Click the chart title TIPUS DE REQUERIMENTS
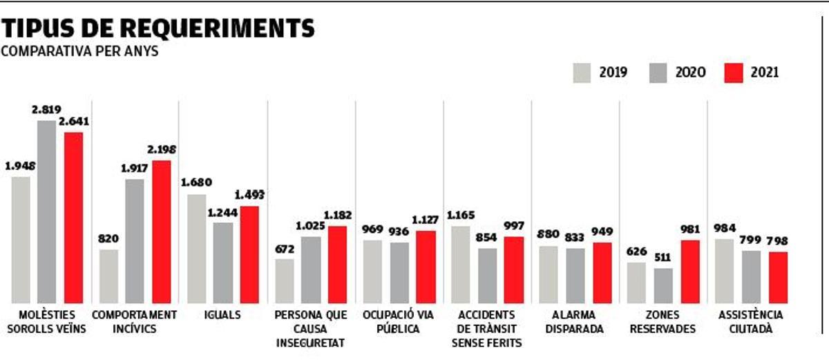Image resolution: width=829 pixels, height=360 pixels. pos(158,28)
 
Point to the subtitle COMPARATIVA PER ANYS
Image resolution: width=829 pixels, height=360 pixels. pos(79,52)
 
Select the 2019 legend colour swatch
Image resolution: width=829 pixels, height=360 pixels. pos(582,73)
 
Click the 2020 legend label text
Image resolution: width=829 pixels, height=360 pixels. pos(690,73)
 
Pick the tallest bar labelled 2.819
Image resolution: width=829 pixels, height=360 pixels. pos(47,211)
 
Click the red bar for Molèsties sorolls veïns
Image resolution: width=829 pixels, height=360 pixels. pos(73,217)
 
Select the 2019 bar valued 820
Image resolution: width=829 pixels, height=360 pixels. pos(108,276)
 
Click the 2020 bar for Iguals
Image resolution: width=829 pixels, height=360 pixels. pos(222,262)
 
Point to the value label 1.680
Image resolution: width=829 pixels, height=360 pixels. pos(196,183)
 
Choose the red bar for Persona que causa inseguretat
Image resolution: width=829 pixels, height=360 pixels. pos(337,264)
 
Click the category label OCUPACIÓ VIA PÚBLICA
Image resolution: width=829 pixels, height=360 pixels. pos(398,321)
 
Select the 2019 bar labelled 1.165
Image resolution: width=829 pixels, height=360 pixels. pos(460,264)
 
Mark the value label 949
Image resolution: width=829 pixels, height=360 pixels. pos(603,231)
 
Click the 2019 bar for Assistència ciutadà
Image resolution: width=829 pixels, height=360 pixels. pos(724,270)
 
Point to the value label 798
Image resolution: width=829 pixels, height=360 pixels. pos(778,241)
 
